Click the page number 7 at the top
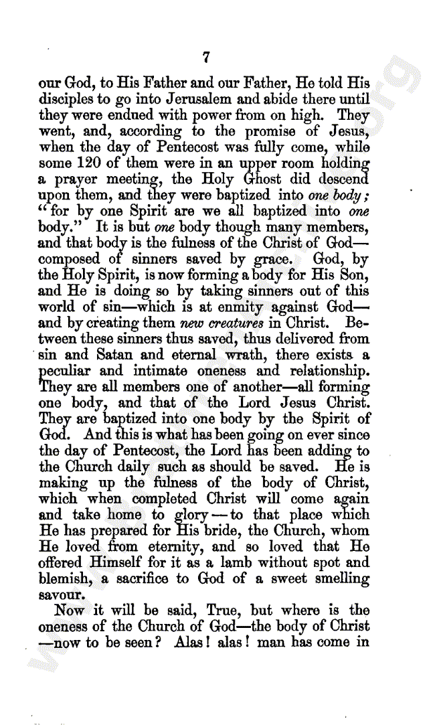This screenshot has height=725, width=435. tap(206, 58)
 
